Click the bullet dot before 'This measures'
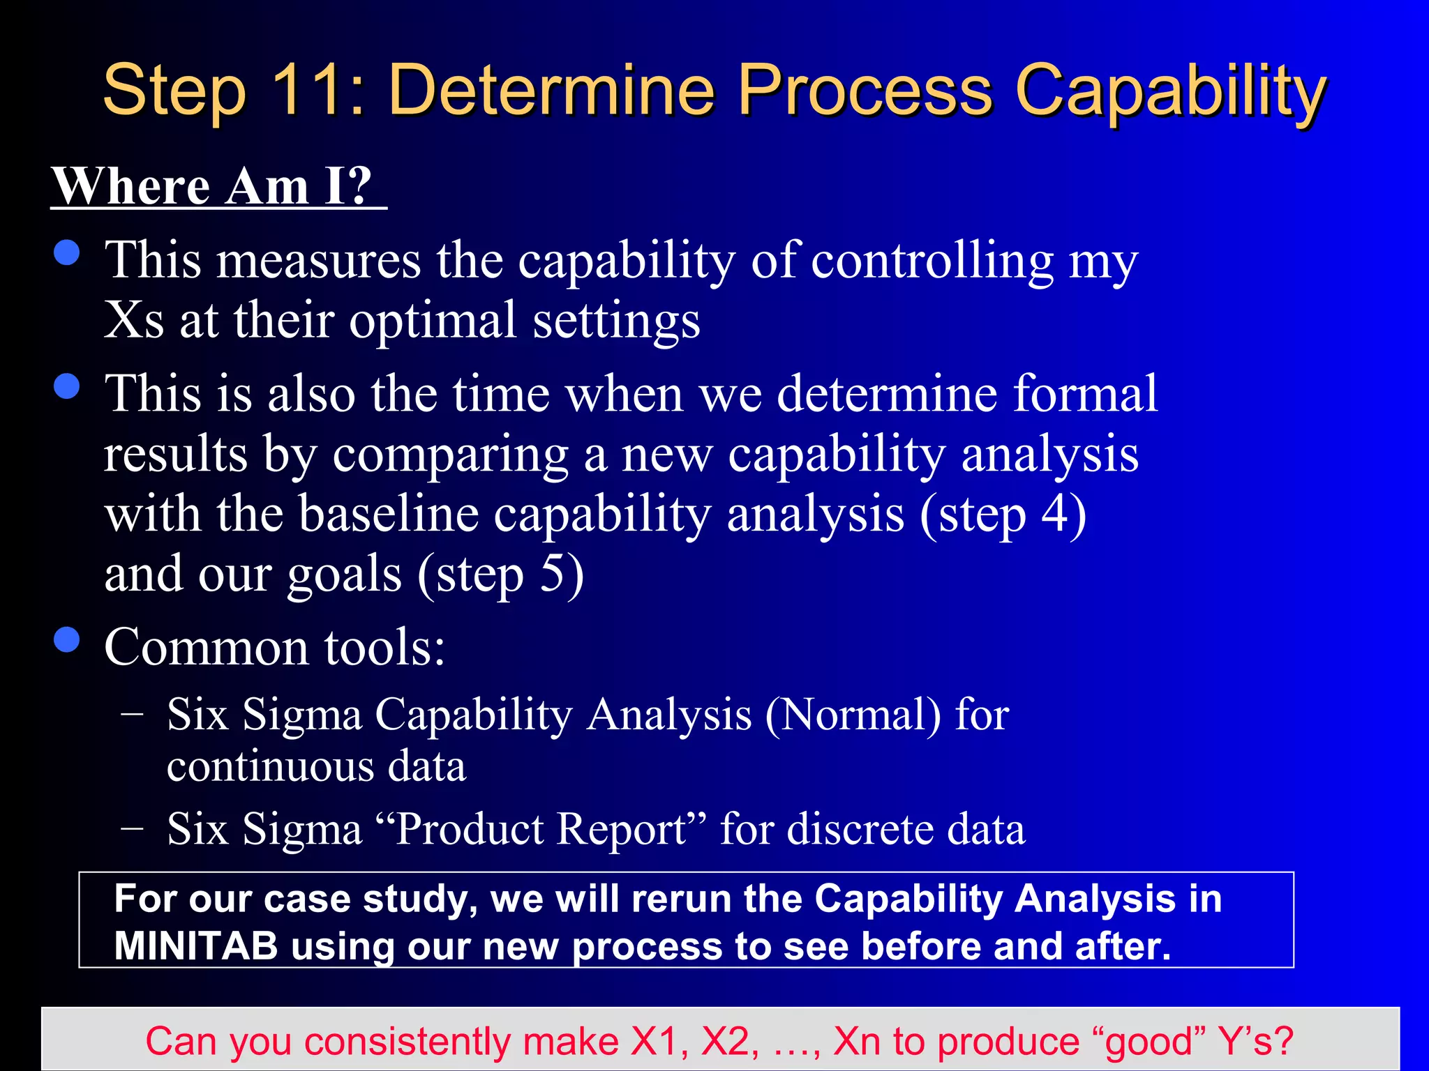(67, 252)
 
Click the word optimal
(433, 321)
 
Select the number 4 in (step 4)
(1054, 515)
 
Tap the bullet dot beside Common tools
(67, 639)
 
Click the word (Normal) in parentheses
(853, 715)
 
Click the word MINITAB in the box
(196, 947)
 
